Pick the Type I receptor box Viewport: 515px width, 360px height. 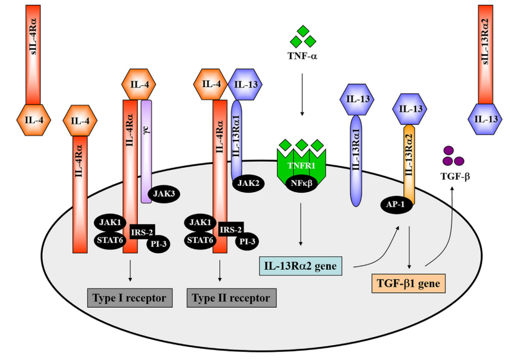(129, 298)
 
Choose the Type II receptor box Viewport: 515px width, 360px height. (232, 298)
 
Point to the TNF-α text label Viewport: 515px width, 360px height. (303, 57)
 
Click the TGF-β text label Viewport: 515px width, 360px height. (457, 177)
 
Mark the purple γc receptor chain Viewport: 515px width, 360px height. (147, 149)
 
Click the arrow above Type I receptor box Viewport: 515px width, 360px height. (130, 270)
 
